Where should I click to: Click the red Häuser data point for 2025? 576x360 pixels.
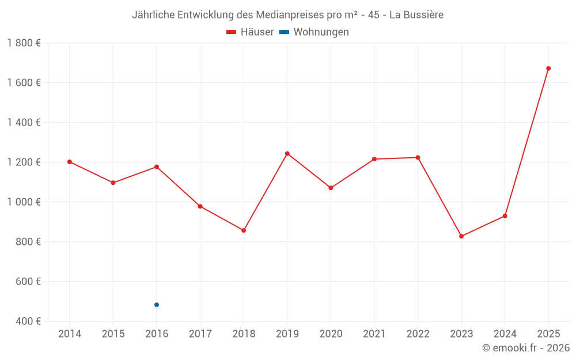(x=548, y=69)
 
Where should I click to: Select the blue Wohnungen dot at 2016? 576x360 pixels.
(x=157, y=305)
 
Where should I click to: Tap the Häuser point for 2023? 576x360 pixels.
(x=461, y=236)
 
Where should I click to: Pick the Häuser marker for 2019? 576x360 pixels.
(x=287, y=154)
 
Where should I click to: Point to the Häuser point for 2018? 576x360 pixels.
(x=244, y=230)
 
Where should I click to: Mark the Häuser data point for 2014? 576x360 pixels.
(x=70, y=162)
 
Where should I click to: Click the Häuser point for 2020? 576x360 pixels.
(x=331, y=188)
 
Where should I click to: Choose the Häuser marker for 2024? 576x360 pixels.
(x=505, y=216)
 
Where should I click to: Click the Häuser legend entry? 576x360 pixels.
(x=250, y=32)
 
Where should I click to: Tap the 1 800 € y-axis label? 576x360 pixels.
(x=24, y=43)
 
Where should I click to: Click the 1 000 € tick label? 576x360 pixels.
(x=24, y=202)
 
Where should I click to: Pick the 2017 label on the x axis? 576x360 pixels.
(x=200, y=334)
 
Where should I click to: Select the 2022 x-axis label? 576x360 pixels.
(x=418, y=334)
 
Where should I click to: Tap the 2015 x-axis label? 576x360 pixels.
(x=113, y=334)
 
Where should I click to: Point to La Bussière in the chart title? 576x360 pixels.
(x=416, y=15)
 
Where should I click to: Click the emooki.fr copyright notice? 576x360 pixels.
(x=525, y=348)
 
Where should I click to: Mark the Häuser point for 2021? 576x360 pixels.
(x=374, y=159)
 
